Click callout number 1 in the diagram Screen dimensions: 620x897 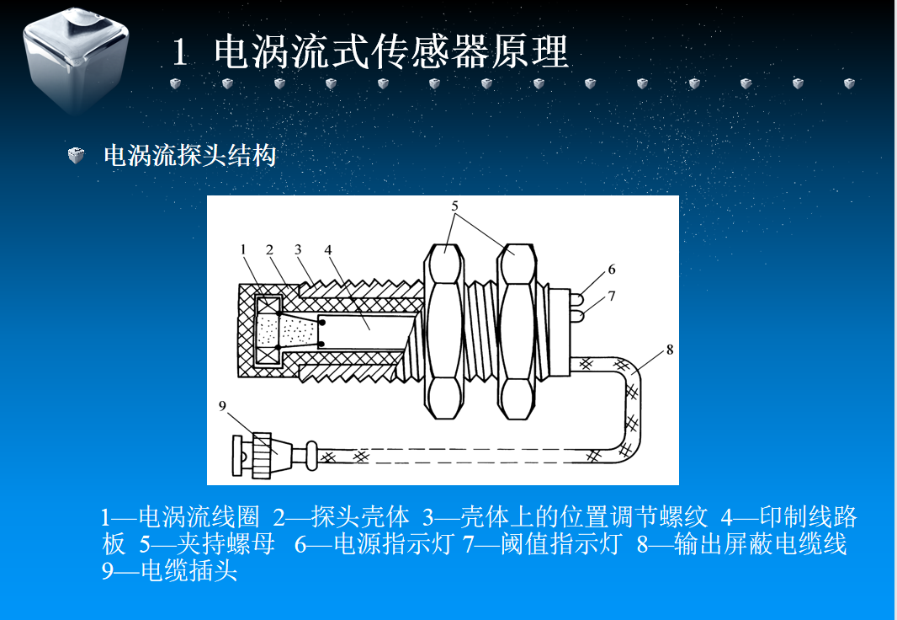[242, 249]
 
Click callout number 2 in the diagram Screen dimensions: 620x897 [269, 249]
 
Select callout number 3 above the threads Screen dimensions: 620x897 [298, 249]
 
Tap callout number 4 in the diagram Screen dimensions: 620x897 [328, 249]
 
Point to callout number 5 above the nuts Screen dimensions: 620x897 [454, 206]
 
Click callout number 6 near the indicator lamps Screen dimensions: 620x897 [612, 270]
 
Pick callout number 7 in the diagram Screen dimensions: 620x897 [612, 296]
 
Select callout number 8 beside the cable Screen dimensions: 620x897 [670, 350]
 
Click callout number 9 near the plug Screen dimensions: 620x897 [223, 407]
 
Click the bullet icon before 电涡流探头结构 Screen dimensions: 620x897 [77, 156]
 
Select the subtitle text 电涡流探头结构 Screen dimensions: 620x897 [189, 156]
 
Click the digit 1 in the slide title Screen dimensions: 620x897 [178, 53]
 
